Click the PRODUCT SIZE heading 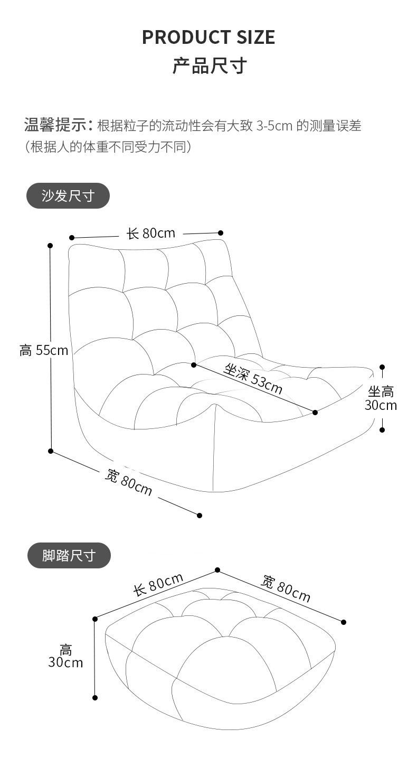point(209,37)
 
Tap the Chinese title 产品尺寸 point(210,67)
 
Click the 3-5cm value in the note point(274,126)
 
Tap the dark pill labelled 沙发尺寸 point(68,196)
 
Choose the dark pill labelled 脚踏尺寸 point(69,555)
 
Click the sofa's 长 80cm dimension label point(151,233)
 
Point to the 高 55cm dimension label point(44,350)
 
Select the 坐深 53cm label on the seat point(253,378)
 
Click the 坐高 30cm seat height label point(381,398)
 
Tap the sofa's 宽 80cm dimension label point(129,482)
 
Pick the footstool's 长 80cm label point(158,585)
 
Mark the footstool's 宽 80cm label point(286,589)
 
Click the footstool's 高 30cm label point(66,656)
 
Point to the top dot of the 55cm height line point(50,246)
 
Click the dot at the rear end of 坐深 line point(194,364)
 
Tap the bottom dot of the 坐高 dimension point(382,430)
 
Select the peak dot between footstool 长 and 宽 point(217,570)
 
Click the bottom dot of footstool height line point(95,698)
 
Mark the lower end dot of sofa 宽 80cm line point(200,515)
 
